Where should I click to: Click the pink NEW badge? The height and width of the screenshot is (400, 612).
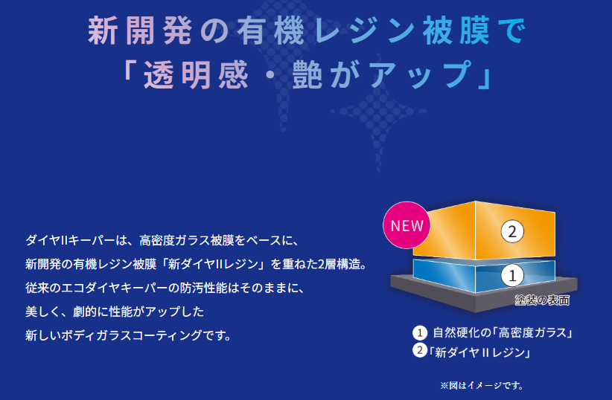pos(407,225)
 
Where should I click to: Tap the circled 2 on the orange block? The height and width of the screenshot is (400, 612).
pos(512,231)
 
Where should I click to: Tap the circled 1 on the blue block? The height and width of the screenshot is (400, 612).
pos(512,275)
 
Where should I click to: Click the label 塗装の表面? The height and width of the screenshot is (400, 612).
pos(542,300)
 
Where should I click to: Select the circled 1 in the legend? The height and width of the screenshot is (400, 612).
pos(420,333)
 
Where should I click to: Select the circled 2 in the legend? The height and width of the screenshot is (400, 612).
pos(420,349)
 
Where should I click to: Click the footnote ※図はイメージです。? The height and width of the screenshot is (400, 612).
pos(482,386)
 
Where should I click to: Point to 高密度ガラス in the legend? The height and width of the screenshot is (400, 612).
pos(532,332)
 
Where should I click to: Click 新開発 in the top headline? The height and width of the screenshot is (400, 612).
pos(140,31)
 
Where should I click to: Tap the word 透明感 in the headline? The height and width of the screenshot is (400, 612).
pos(196,74)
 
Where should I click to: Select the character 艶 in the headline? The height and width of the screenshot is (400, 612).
pos(307,74)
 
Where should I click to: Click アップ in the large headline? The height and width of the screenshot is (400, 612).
pos(420,74)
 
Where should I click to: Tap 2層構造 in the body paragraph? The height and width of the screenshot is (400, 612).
pos(339,265)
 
